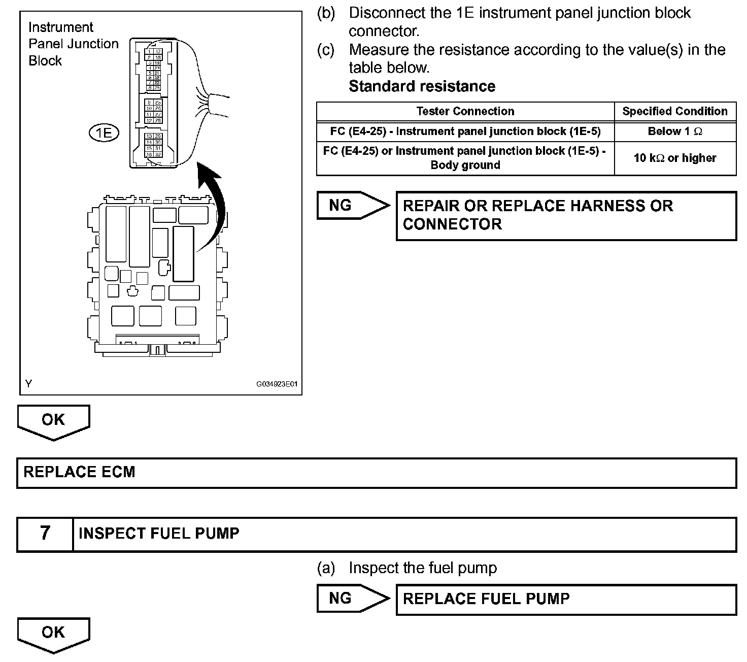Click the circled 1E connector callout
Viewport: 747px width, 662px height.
(104, 133)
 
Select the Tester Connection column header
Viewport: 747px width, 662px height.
(465, 111)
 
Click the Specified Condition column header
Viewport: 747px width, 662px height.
(675, 111)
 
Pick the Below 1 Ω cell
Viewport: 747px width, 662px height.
(675, 131)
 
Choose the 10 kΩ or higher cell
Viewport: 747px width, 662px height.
(675, 158)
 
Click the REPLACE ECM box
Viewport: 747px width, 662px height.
(376, 473)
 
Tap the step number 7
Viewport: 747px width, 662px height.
(45, 534)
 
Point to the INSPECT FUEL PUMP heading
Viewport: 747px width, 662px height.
(159, 534)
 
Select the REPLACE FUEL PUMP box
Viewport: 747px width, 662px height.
(566, 599)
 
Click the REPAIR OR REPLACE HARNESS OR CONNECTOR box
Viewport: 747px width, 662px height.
(566, 215)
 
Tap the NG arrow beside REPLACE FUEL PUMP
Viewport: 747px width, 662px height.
(352, 599)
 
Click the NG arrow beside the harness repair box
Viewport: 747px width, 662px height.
(352, 205)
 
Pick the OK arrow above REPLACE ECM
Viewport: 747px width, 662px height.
(53, 421)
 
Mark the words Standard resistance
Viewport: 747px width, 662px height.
(422, 86)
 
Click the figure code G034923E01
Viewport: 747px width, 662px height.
(277, 384)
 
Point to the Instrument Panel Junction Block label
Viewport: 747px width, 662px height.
(73, 44)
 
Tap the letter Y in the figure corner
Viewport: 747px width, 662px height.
(28, 384)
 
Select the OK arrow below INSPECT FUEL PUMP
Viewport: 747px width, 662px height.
(53, 634)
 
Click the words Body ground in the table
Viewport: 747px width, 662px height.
(465, 165)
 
